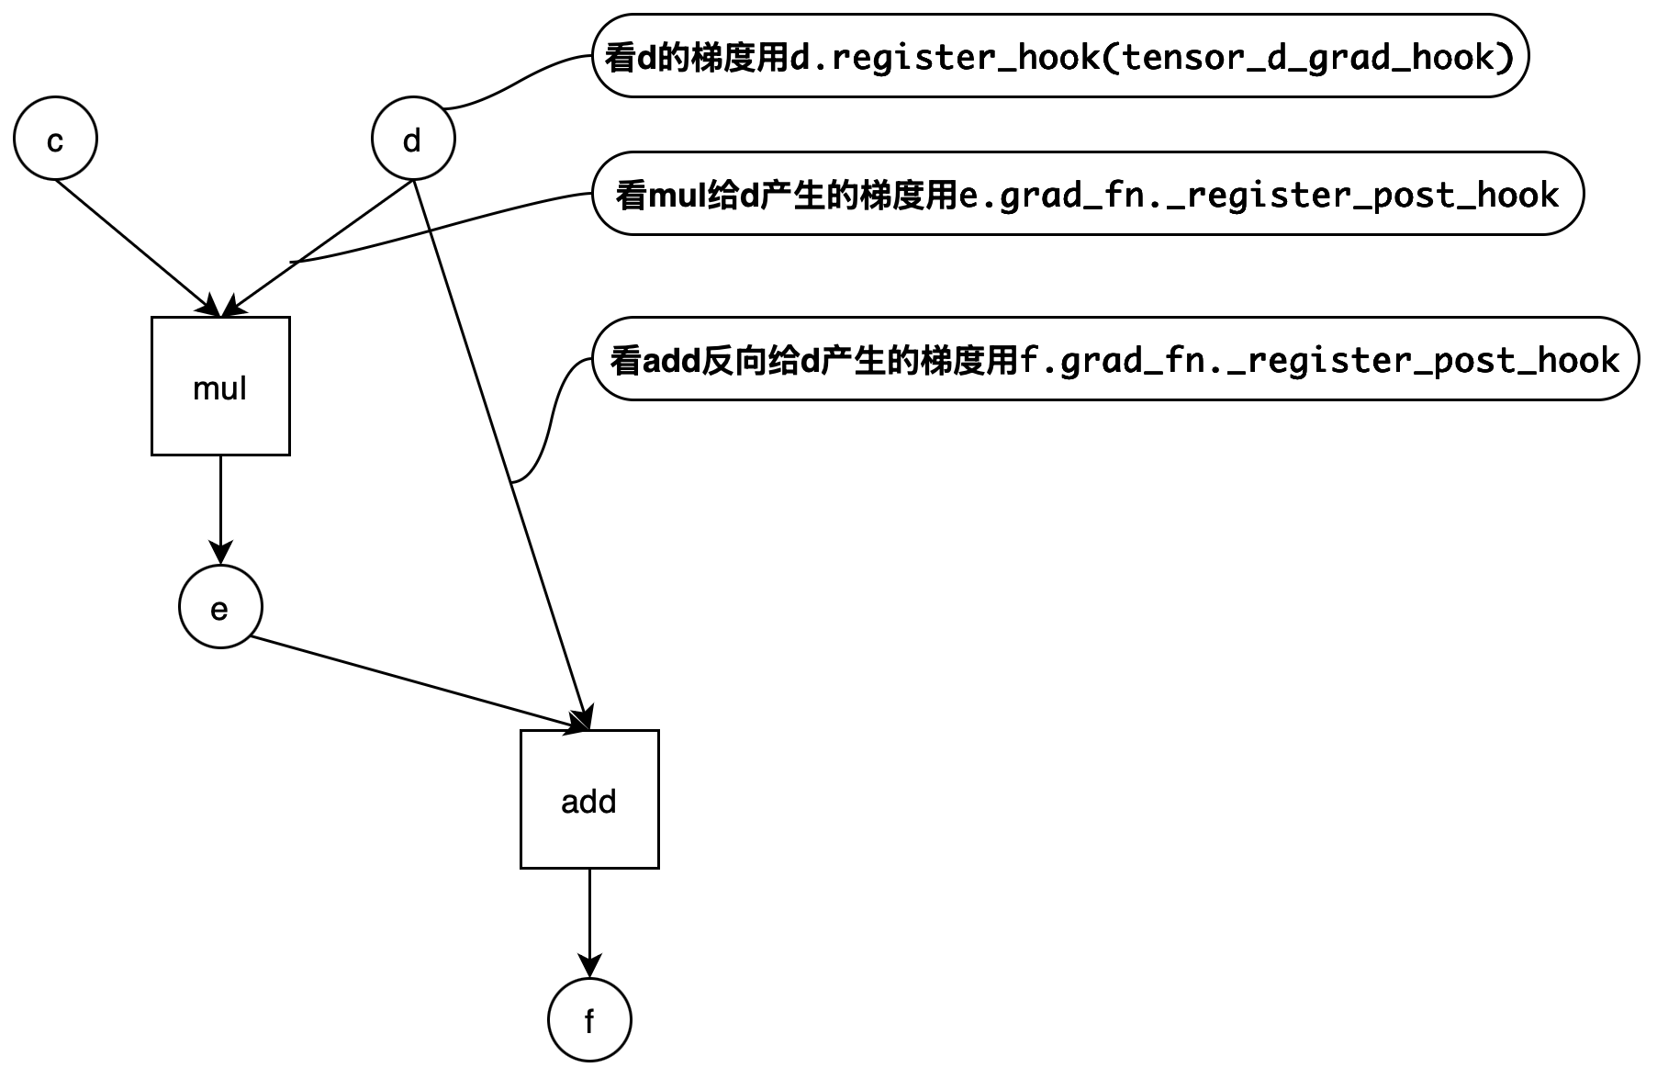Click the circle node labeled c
pos(55,139)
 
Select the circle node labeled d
pos(413,139)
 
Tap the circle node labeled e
pos(220,607)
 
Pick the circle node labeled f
pos(589,1020)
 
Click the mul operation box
pos(220,386)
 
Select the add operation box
pos(589,799)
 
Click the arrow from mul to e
pos(220,510)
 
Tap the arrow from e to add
pos(418,684)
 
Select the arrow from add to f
pos(589,923)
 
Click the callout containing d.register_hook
pos(1060,56)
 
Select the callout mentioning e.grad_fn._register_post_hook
pos(1088,194)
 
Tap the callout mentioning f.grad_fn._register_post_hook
pos(1115,359)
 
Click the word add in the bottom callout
pos(671,360)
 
